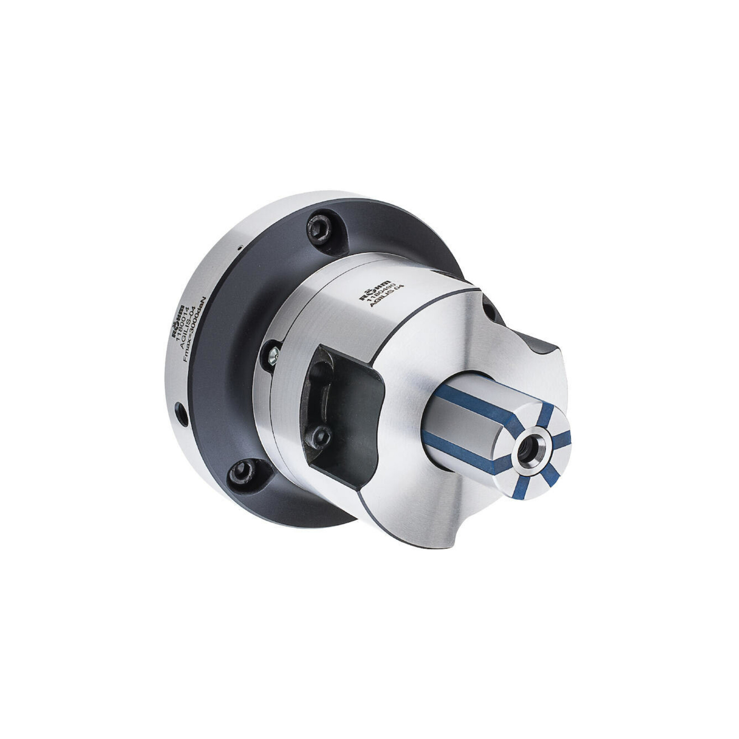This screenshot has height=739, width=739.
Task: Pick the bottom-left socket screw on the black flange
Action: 241,472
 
